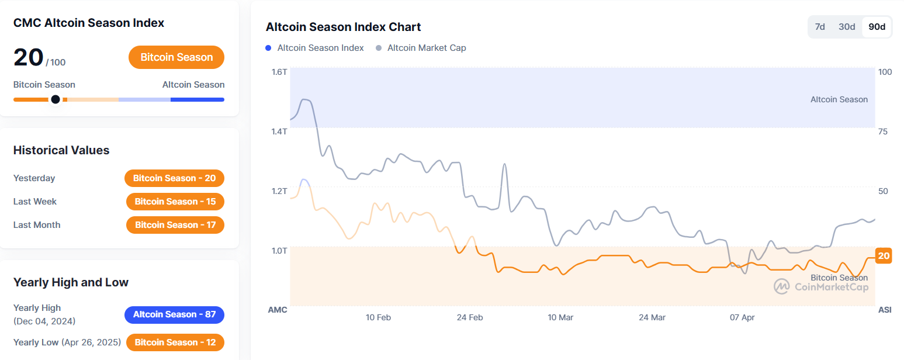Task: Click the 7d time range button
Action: pos(820,27)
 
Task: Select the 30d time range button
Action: pos(847,27)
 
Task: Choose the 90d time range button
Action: pos(877,27)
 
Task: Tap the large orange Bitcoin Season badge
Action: pos(176,57)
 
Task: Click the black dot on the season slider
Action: pos(56,99)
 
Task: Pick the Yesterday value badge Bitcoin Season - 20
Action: pos(174,178)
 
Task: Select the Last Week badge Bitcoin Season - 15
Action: pos(175,202)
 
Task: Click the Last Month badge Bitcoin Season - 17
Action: pos(175,225)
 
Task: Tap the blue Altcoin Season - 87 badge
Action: pos(174,314)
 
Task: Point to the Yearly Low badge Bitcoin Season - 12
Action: pos(175,342)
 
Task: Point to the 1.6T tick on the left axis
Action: pos(279,72)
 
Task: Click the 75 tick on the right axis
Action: pos(883,131)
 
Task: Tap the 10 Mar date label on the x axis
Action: pos(560,317)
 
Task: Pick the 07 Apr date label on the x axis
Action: pos(742,317)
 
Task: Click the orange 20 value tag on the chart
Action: pos(884,256)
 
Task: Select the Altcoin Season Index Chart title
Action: pos(343,27)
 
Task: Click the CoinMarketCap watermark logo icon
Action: pos(781,286)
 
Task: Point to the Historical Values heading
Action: pos(61,150)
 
